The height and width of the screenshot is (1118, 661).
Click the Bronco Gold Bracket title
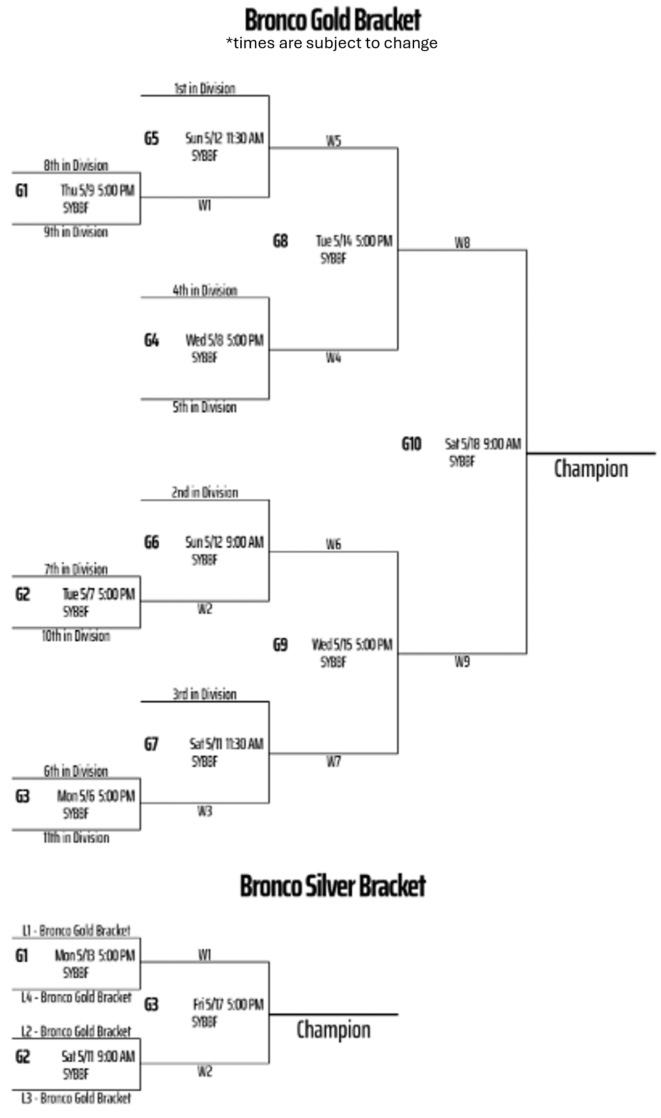pyautogui.click(x=332, y=20)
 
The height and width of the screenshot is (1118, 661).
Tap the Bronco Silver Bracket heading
pyautogui.click(x=332, y=885)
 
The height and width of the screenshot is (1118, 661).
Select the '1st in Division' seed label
pyautogui.click(x=205, y=88)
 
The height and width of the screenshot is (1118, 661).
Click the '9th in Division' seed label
pyautogui.click(x=76, y=232)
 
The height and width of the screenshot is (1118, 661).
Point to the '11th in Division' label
pyautogui.click(x=76, y=837)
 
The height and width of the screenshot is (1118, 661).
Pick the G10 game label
pyautogui.click(x=411, y=443)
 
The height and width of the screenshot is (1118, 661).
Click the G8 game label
pyautogui.click(x=280, y=241)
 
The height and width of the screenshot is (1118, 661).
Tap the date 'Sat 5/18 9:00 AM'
pyautogui.click(x=483, y=443)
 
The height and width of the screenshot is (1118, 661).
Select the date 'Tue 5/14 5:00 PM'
pyautogui.click(x=354, y=241)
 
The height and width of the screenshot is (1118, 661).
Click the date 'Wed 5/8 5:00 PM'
pyautogui.click(x=224, y=340)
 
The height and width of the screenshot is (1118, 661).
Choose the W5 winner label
pyautogui.click(x=334, y=141)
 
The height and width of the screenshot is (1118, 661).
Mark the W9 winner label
pyautogui.click(x=462, y=661)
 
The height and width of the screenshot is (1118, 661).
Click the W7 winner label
pyautogui.click(x=334, y=762)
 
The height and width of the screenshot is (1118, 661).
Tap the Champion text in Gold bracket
pyautogui.click(x=591, y=469)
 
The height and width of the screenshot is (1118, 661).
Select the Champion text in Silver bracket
pyautogui.click(x=333, y=1030)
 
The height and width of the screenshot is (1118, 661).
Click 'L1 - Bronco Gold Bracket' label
pyautogui.click(x=76, y=930)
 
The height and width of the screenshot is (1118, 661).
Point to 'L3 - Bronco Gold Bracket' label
pyautogui.click(x=76, y=1098)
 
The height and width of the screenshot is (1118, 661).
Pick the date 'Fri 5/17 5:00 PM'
pyautogui.click(x=228, y=1004)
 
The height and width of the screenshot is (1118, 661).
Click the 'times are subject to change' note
pyautogui.click(x=332, y=43)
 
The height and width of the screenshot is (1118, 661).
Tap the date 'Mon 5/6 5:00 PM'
pyautogui.click(x=96, y=795)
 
